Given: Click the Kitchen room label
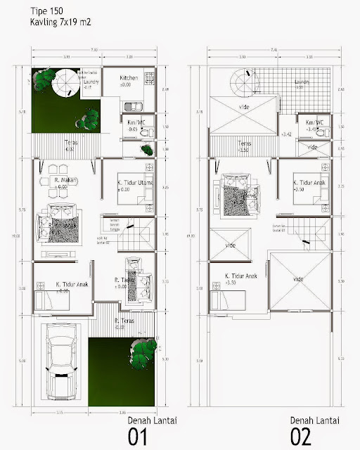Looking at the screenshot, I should [x=129, y=78].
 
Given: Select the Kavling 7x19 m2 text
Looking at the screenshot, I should [x=60, y=22].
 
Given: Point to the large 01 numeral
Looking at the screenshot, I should [x=138, y=436].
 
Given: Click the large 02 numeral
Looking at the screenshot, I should [x=301, y=436].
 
